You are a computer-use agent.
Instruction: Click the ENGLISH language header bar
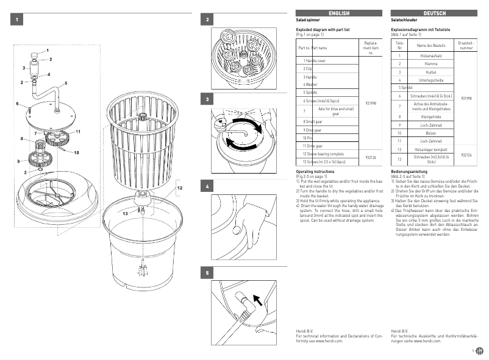339,13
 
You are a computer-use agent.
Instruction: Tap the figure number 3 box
208,99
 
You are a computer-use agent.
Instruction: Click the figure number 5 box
208,274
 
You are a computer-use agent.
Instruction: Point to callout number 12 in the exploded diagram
180,188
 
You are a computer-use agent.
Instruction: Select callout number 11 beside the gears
78,132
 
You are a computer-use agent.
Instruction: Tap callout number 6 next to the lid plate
18,104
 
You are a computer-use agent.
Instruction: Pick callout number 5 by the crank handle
65,82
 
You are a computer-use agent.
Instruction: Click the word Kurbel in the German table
430,72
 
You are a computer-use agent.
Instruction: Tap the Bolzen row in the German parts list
430,132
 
